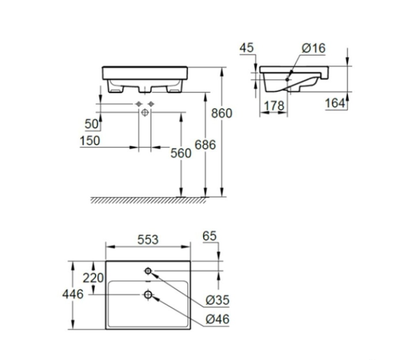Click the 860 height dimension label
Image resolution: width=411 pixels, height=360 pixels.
[x=222, y=113]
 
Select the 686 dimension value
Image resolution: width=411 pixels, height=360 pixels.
[x=205, y=145]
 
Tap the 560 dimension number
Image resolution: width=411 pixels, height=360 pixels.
[x=180, y=153]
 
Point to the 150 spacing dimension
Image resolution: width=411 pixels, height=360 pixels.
[x=90, y=141]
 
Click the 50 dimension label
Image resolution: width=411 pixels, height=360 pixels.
[x=92, y=124]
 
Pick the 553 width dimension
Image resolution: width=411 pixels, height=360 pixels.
[x=148, y=239]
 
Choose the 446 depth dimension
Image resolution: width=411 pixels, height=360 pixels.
[x=73, y=294]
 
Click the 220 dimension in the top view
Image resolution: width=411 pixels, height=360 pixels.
[x=93, y=277]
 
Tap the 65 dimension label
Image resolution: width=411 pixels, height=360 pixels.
[x=209, y=236]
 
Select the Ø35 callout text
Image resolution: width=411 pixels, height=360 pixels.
[x=218, y=300]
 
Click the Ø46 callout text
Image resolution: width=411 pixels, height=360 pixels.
[x=218, y=319]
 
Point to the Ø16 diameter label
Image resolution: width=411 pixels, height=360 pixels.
[x=313, y=48]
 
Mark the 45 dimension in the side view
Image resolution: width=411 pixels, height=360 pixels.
[x=247, y=48]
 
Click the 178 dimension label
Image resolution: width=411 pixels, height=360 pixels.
[x=274, y=105]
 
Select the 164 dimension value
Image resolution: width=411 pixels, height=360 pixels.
[x=335, y=103]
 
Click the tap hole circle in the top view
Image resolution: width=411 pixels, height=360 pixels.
[x=148, y=271]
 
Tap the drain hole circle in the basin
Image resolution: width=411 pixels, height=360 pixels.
[x=148, y=295]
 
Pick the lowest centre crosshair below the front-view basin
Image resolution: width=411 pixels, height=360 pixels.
[x=145, y=112]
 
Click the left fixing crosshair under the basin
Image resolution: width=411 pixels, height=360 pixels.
[x=138, y=104]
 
